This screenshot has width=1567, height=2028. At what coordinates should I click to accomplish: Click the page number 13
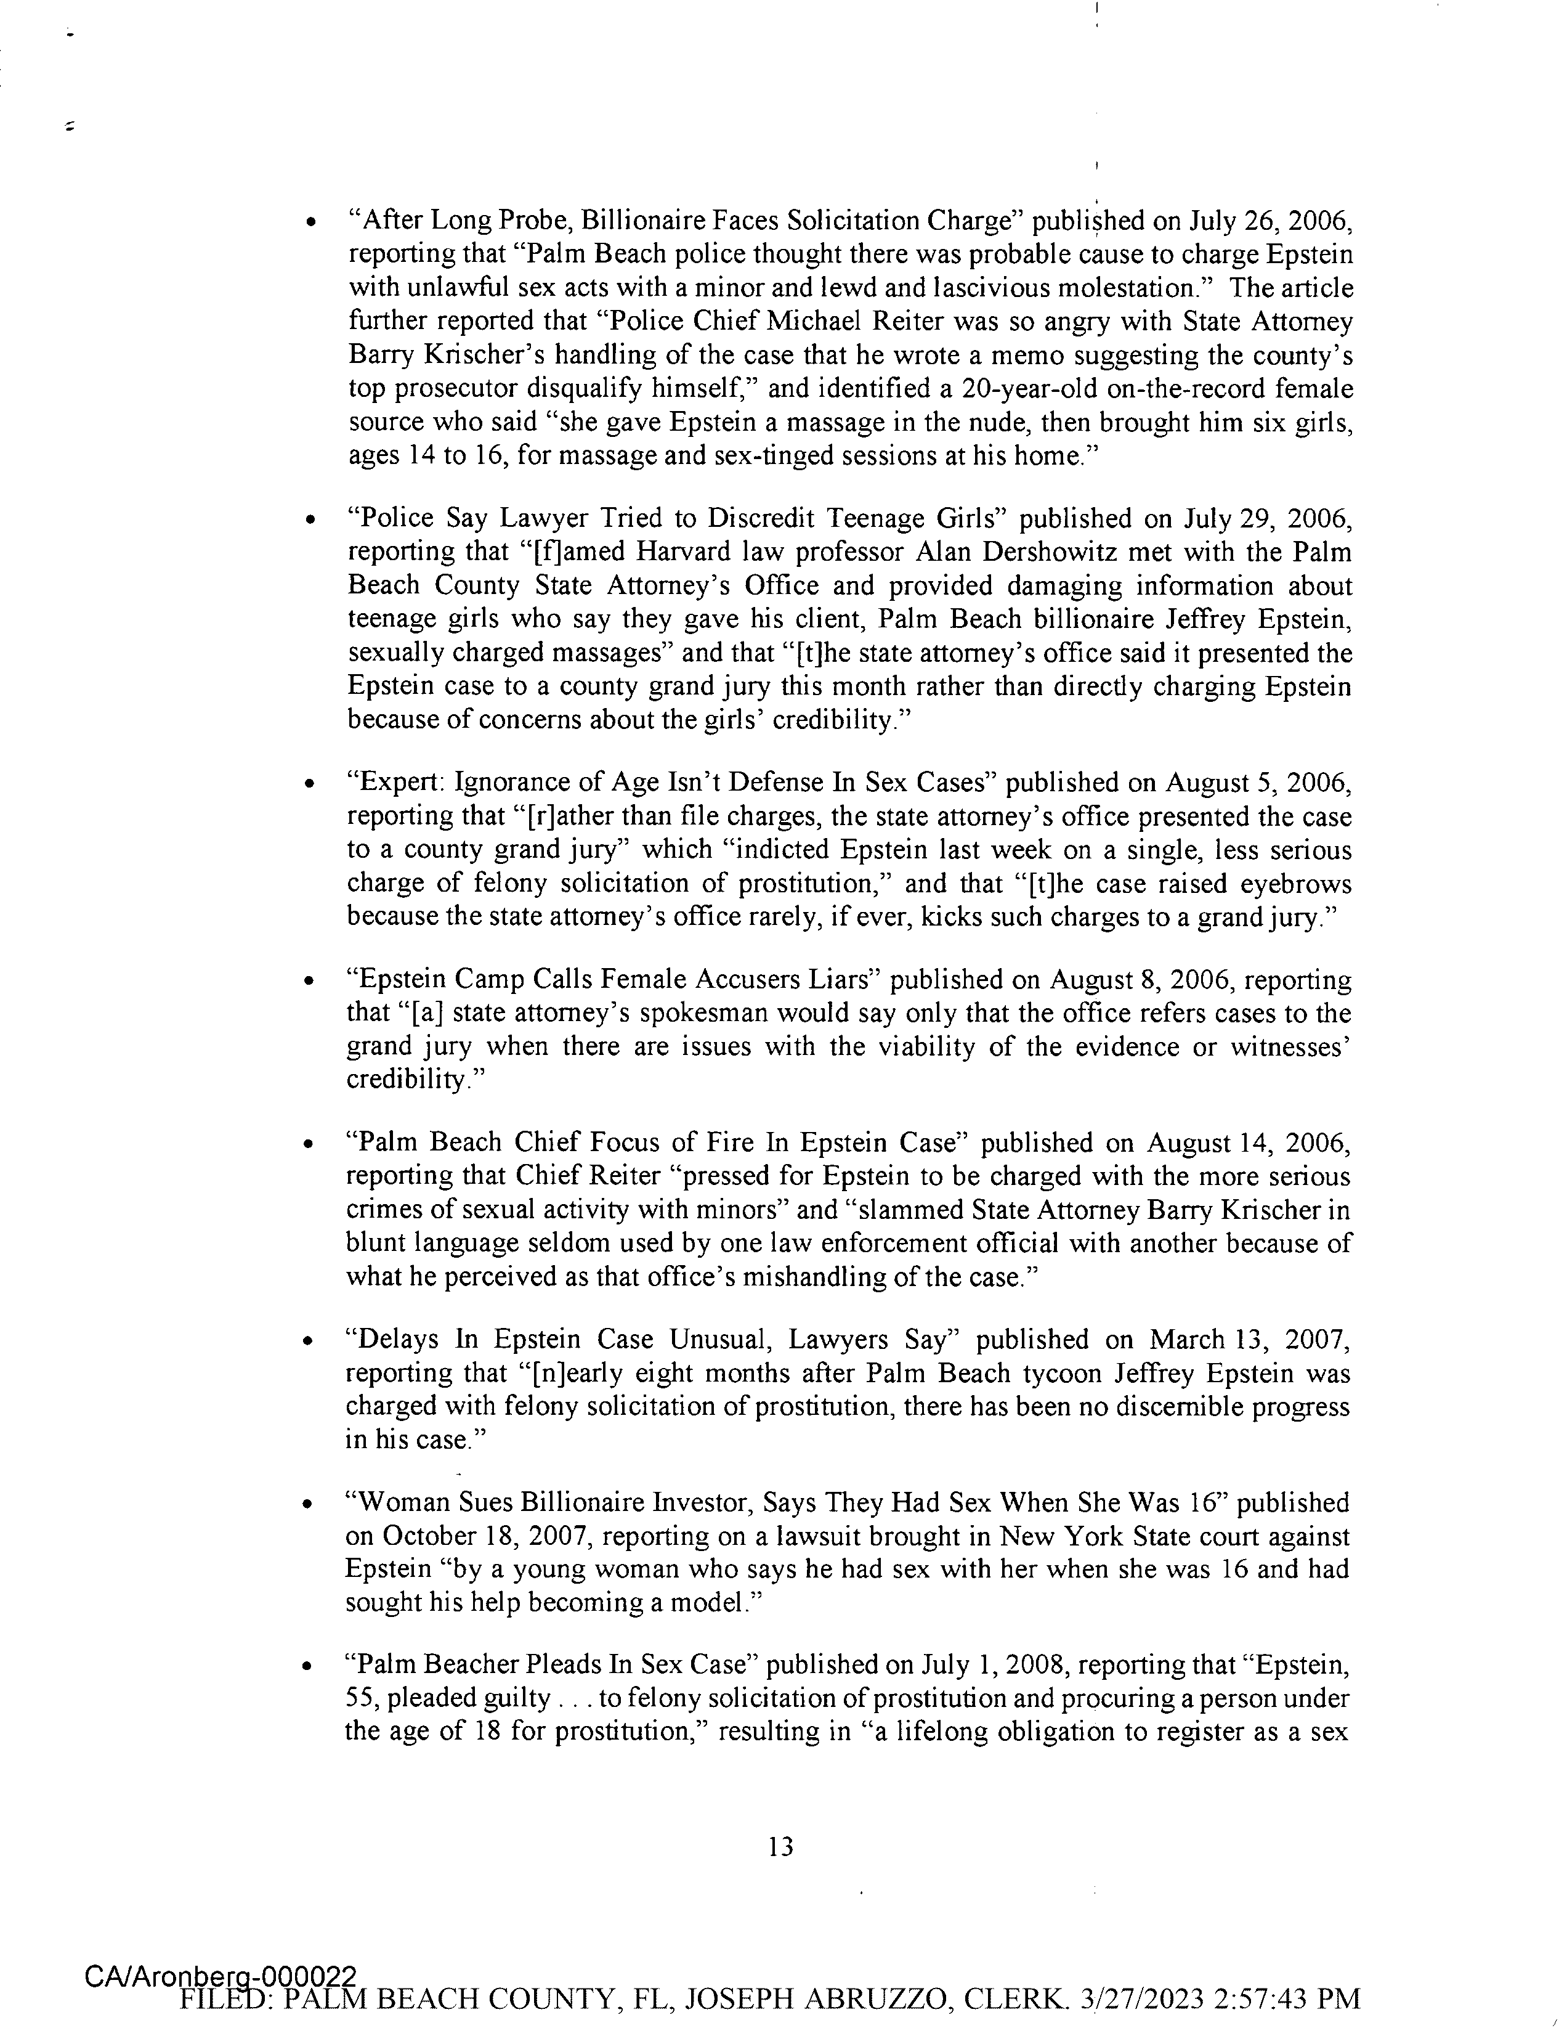pyautogui.click(x=782, y=1847)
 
